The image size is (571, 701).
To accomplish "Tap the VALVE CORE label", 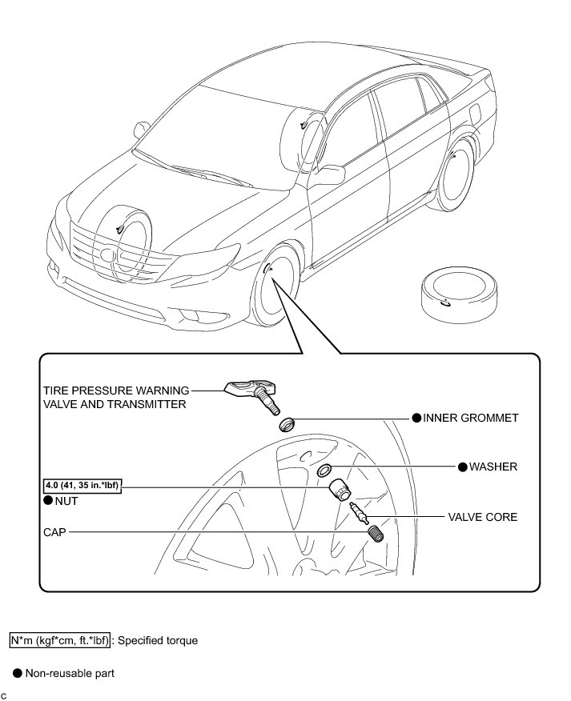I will pos(482,517).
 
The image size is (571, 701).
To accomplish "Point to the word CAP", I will pos(54,531).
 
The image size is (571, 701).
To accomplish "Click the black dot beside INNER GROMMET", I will pos(416,418).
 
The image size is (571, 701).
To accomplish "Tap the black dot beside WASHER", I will pos(462,466).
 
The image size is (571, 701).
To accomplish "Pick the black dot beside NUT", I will pos(49,500).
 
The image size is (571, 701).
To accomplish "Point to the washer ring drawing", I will pos(325,468).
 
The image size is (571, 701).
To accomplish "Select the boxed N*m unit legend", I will pos(59,641).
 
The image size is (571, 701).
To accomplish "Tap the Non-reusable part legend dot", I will pos(17,673).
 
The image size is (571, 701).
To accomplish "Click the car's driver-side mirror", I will pos(330,174).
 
